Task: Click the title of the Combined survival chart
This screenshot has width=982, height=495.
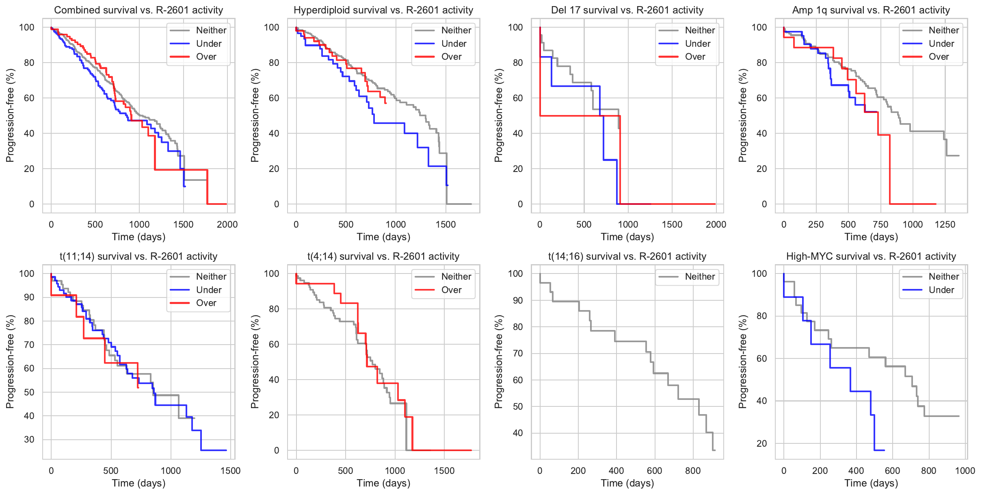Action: point(138,10)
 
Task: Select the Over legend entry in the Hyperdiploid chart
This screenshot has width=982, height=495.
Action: point(451,57)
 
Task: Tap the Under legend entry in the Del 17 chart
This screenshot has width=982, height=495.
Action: point(697,43)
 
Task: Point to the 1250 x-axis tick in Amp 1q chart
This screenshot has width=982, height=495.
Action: point(945,224)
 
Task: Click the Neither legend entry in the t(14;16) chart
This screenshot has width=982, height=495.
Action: point(699,277)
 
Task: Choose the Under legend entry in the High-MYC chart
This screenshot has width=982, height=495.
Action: point(941,290)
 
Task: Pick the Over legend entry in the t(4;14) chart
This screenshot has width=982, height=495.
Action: point(451,290)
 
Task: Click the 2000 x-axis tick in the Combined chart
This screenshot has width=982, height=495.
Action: point(227,224)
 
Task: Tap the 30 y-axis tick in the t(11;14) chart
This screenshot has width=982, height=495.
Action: point(29,439)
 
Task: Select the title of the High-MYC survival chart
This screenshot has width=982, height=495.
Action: point(871,256)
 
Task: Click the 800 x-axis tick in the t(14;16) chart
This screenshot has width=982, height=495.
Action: point(693,471)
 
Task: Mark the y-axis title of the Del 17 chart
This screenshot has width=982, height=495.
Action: point(498,115)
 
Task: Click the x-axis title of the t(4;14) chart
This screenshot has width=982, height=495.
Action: point(383,483)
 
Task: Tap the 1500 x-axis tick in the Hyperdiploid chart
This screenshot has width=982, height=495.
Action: point(446,224)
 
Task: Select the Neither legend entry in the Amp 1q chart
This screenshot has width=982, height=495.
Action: point(943,30)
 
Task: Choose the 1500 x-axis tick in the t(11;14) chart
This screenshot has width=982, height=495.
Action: point(230,471)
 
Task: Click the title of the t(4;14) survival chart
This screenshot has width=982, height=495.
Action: point(383,256)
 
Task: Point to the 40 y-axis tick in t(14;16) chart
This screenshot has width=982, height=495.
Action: point(517,433)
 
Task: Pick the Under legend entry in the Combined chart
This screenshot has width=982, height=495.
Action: point(209,43)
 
